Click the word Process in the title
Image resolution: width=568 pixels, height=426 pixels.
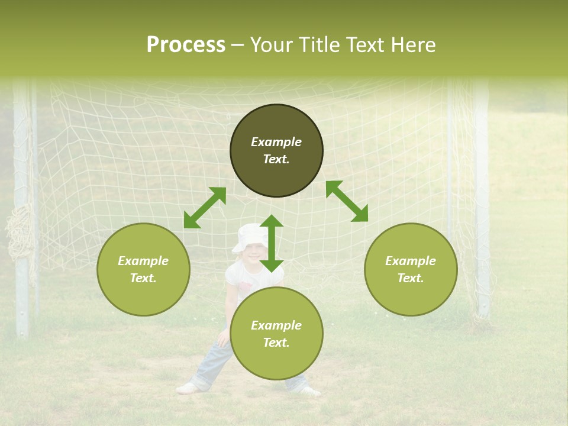point(186,45)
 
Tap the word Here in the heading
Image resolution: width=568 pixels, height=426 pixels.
point(412,45)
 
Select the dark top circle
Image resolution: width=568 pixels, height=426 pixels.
point(276,150)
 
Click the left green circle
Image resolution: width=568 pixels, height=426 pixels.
point(143,269)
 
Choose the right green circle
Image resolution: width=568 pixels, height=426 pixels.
point(411,269)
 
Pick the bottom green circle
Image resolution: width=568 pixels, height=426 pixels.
point(276,334)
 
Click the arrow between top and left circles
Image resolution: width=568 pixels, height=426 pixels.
point(205,208)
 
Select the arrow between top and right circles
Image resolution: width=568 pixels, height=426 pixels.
point(347,201)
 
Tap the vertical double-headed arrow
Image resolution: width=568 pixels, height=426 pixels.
point(272,243)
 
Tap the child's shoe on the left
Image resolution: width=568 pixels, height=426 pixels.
point(187,388)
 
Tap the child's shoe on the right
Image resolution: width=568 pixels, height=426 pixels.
point(309,390)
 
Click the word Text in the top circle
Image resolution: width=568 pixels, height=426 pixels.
point(276,159)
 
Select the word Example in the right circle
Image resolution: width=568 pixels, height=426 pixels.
point(411,261)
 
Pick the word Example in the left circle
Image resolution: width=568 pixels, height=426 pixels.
point(143,261)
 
